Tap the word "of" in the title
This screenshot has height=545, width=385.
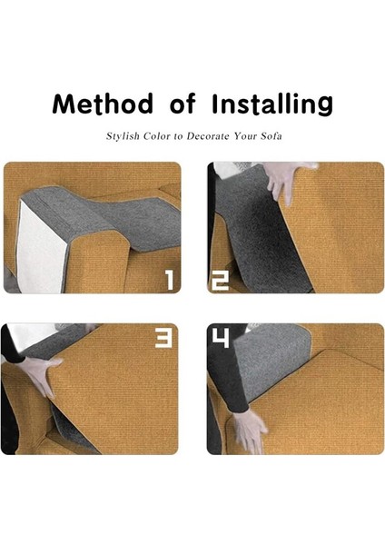coord(182,104)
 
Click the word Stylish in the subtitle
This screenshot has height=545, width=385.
coord(123,138)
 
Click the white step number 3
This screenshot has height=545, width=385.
coord(163,340)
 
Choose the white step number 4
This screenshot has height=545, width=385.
coord(221,340)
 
